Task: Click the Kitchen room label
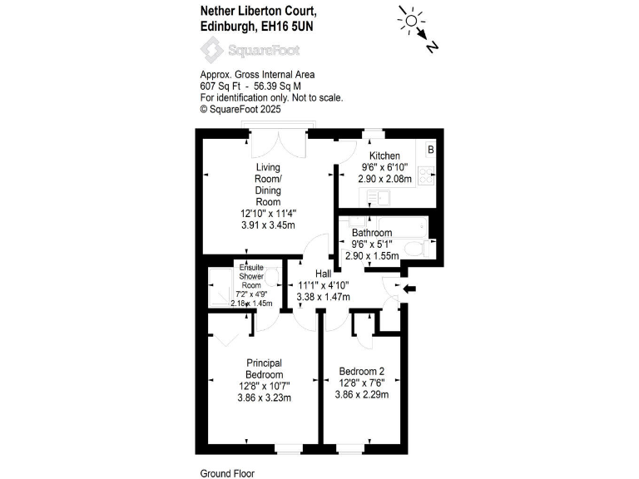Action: pos(384,156)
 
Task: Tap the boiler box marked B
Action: pos(431,150)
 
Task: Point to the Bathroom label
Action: pos(371,233)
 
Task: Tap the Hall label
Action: pos(323,273)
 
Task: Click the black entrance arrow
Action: pos(409,289)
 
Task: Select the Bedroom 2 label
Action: pos(361,371)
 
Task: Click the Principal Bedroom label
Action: pos(264,368)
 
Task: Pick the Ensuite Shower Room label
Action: pos(251,275)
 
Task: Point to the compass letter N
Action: pos(432,47)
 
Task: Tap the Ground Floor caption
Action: pos(226,472)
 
